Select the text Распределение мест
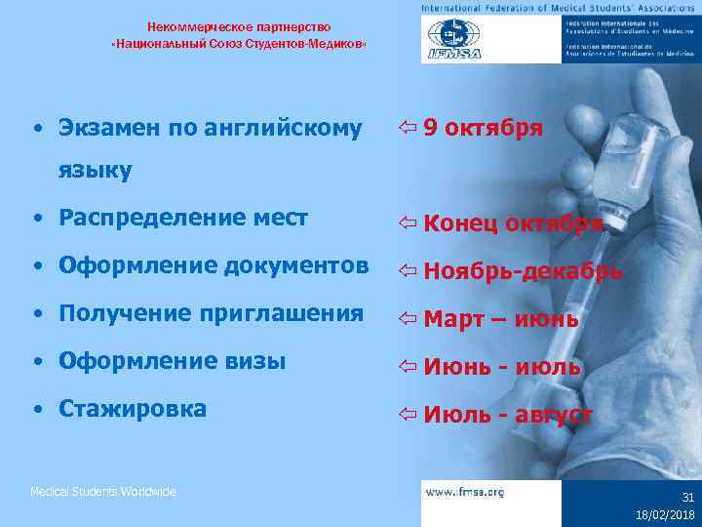click(x=183, y=217)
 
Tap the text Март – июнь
click(x=501, y=319)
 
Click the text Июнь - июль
click(x=502, y=367)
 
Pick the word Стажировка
click(x=133, y=408)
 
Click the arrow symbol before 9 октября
click(x=409, y=128)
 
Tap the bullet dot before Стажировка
click(x=36, y=409)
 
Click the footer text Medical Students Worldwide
click(x=103, y=492)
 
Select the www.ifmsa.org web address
click(x=465, y=493)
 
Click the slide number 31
click(x=686, y=497)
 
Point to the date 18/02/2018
click(x=666, y=513)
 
